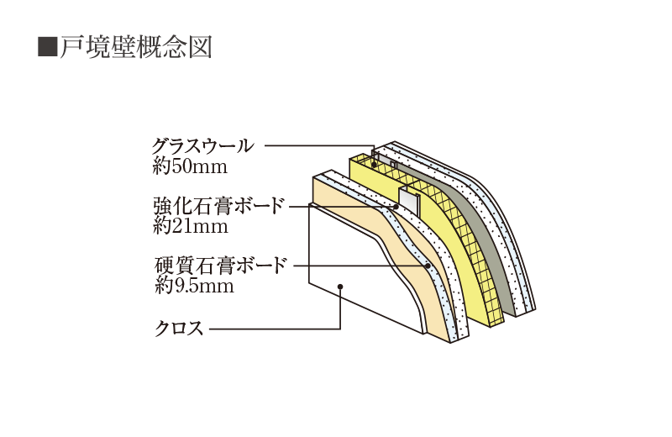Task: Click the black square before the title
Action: [47, 46]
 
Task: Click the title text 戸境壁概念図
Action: [134, 46]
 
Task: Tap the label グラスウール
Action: [202, 145]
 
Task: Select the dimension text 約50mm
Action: [191, 166]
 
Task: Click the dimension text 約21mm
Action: [191, 225]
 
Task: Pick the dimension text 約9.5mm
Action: [194, 286]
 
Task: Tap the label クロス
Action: [179, 328]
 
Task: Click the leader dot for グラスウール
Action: [374, 165]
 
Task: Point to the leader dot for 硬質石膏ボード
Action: [428, 266]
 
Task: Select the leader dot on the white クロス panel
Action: [339, 287]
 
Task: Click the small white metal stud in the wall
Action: [408, 203]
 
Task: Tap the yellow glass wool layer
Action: [454, 252]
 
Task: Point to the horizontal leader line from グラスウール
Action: [319, 145]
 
